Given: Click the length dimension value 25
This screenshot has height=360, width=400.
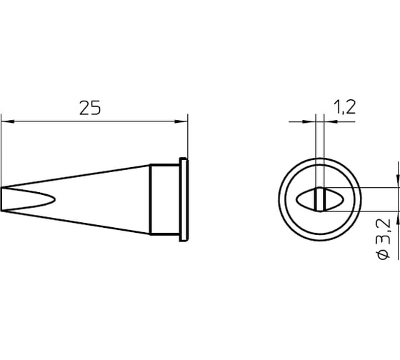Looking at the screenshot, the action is click(90, 108).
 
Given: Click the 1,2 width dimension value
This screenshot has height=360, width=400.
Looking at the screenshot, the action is click(344, 107).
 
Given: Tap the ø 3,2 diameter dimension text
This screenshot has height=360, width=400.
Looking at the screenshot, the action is click(384, 239).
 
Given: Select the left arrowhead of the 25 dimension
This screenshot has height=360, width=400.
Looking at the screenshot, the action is click(8, 121).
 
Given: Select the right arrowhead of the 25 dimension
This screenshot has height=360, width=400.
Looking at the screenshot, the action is click(181, 121).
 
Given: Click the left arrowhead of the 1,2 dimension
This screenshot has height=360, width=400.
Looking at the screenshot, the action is click(309, 121).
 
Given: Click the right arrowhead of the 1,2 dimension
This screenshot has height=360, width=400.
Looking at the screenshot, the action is click(331, 121).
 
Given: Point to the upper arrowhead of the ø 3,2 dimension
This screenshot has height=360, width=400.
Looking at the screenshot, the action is click(398, 181).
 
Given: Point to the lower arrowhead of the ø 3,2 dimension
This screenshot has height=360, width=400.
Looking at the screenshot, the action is click(398, 218).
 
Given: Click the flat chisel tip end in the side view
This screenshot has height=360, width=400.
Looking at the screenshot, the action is click(1, 199).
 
